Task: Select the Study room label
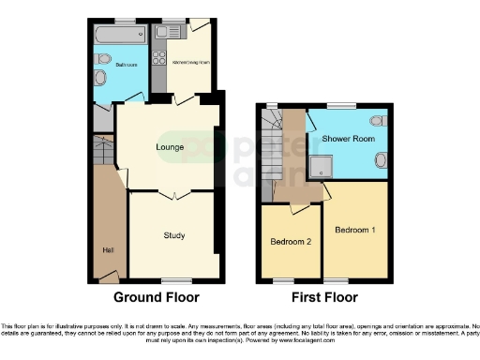[172, 235]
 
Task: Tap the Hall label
[106, 248]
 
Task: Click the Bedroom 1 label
[354, 230]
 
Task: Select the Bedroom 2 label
[290, 242]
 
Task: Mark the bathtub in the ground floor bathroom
[120, 36]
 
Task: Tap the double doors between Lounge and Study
[169, 194]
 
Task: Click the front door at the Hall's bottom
[110, 277]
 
